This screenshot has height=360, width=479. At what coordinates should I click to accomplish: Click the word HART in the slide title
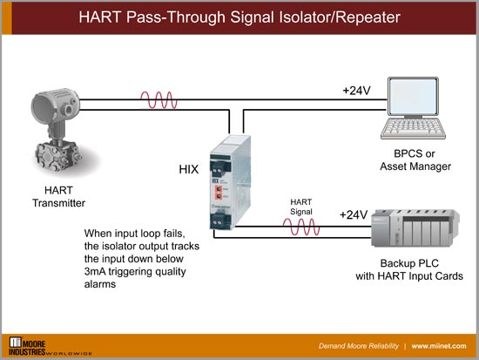coord(102,17)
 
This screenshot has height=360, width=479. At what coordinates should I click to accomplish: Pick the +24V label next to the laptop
coord(356,89)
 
